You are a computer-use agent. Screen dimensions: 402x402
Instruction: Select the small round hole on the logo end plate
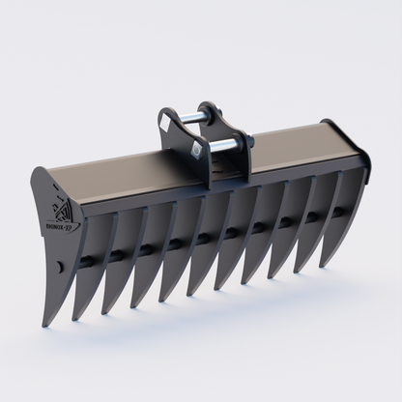[x=60, y=266]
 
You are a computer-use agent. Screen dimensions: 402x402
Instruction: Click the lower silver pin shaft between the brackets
[x=224, y=145]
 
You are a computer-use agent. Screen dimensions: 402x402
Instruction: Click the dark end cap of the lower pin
[x=248, y=143]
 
